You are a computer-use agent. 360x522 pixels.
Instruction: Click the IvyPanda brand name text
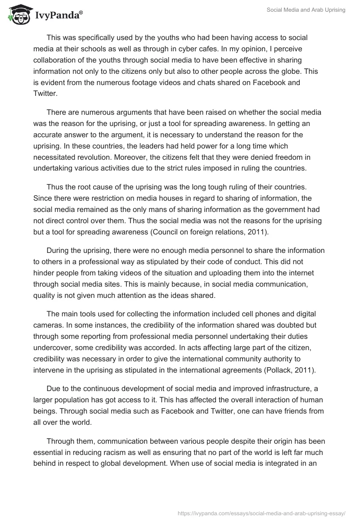click(x=58, y=15)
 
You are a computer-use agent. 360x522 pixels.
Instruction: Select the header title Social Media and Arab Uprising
click(x=307, y=10)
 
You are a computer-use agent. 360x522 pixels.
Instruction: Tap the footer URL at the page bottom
click(x=261, y=513)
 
